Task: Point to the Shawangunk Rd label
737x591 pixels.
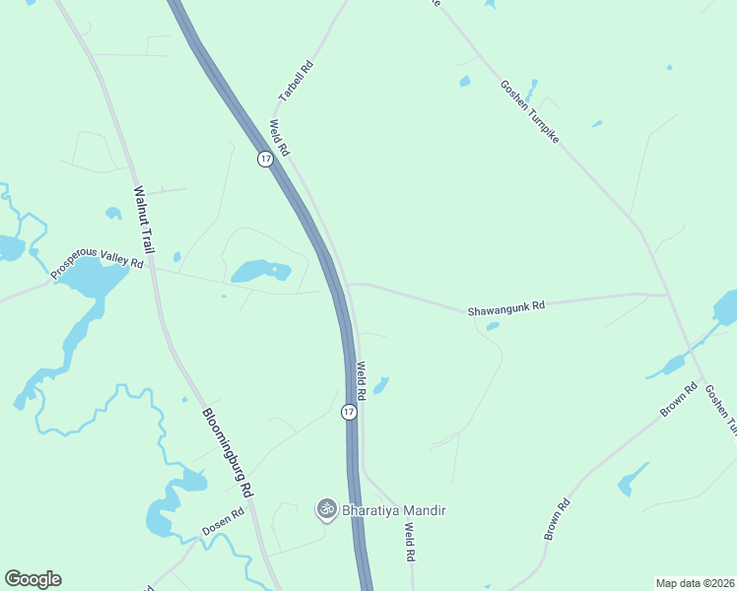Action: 505,308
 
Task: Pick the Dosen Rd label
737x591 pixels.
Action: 223,522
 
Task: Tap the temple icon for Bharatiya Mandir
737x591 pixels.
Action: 325,509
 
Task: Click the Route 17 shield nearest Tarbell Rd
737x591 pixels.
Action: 265,159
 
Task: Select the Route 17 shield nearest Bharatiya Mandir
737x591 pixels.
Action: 349,412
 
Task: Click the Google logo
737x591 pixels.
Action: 33,579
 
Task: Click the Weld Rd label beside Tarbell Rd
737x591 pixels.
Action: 279,139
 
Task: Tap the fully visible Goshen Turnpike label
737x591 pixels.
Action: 529,112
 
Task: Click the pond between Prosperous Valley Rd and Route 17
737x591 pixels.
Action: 259,270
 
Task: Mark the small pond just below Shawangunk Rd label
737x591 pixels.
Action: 492,326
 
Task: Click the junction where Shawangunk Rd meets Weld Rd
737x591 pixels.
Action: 351,285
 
